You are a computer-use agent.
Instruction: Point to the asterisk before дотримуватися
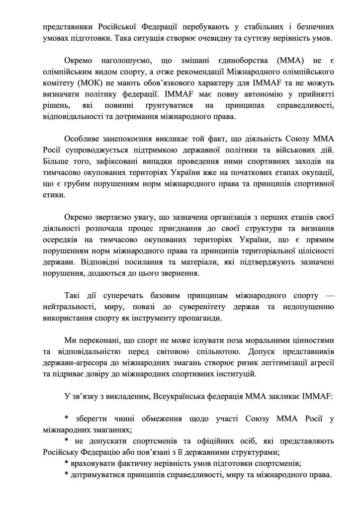[67, 476]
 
